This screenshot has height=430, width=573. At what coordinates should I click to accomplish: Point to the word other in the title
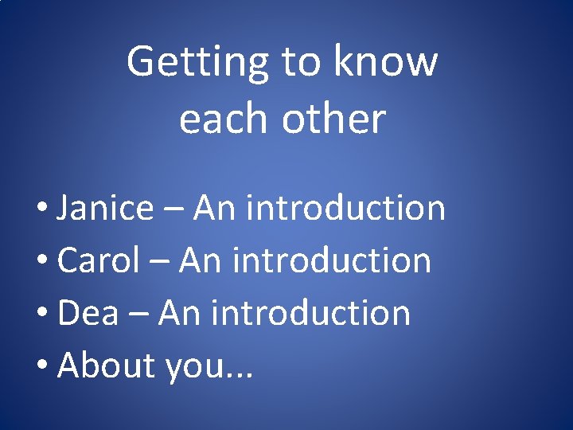(x=333, y=119)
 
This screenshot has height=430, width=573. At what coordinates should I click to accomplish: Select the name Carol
(x=99, y=260)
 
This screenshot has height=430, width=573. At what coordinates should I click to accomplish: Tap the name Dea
(x=88, y=313)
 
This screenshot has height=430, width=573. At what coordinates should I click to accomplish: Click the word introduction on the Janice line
(x=345, y=208)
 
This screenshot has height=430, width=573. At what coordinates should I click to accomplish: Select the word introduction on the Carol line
(x=331, y=260)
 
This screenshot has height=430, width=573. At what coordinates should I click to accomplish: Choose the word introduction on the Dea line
(x=310, y=313)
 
